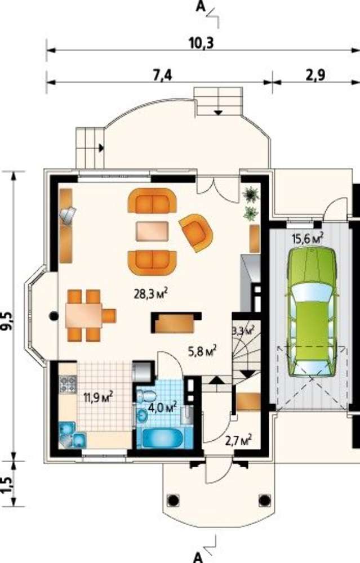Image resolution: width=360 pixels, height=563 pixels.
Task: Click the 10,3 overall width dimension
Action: pos(201,43)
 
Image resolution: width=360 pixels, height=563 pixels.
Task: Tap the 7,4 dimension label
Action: pos(163,76)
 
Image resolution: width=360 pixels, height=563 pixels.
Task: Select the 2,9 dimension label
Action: pos(315,76)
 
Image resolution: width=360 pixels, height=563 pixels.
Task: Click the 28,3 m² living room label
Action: pos(151,294)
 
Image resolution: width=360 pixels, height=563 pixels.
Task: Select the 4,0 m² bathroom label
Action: pos(163,407)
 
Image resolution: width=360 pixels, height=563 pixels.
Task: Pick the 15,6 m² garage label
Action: pos(309,238)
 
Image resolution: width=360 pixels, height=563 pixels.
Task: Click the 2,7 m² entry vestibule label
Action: pos(238,440)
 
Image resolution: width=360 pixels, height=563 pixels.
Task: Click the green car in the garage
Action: pos(312,311)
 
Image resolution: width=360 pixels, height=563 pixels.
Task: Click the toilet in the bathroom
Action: pos(146,396)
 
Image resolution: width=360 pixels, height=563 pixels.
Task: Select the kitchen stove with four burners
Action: pos(68,383)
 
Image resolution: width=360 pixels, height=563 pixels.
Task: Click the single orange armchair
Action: pos(196,233)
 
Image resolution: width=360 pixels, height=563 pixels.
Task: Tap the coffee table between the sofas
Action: pos(152,231)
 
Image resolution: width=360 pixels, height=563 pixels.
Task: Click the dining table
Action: pos(84,315)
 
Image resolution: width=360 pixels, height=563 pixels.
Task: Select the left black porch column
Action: pos(173,499)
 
